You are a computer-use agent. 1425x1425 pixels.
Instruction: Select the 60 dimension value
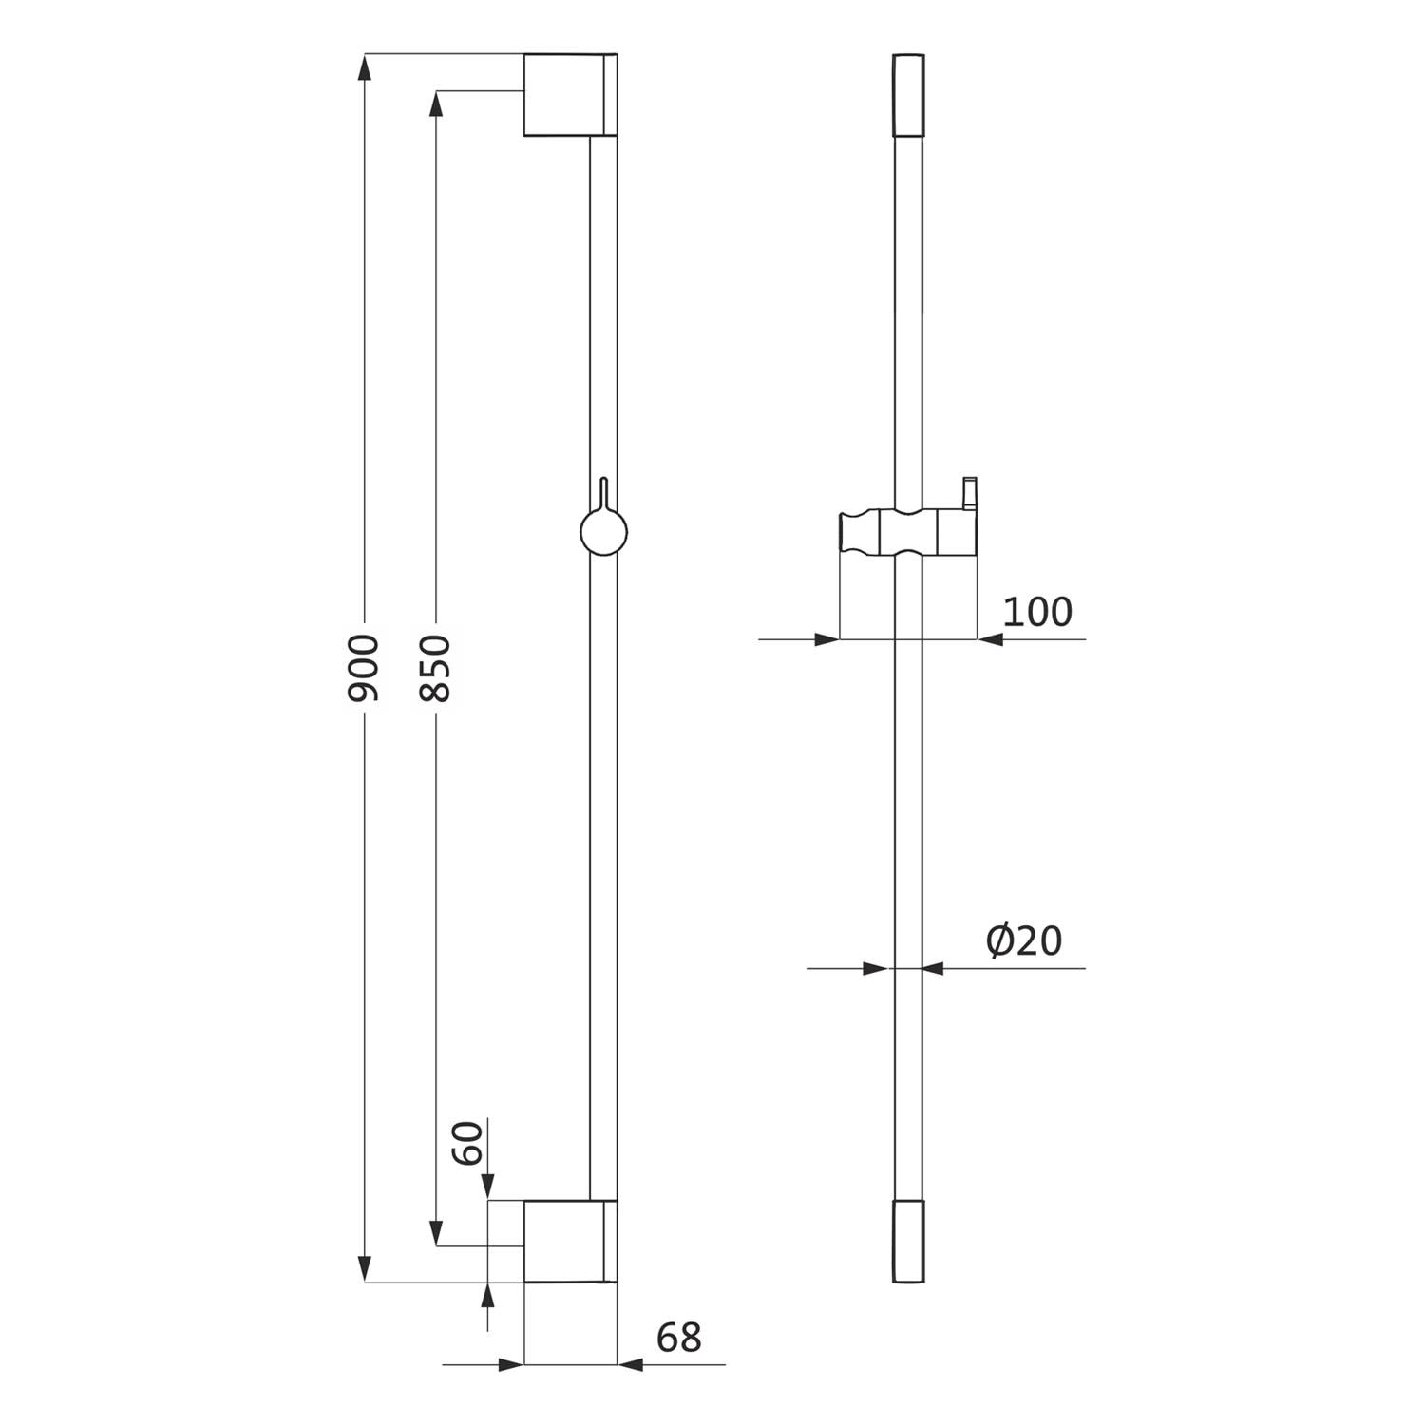tap(467, 1143)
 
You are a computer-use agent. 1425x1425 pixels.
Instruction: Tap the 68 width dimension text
tap(678, 1338)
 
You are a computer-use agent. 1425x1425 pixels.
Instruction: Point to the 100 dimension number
tap(1037, 612)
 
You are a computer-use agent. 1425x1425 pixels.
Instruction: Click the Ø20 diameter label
tap(1023, 940)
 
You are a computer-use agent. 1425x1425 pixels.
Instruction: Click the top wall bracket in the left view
tap(570, 95)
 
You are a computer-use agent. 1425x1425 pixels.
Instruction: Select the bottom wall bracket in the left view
tap(570, 1241)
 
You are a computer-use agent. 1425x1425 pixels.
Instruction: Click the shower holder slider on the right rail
tap(908, 536)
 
